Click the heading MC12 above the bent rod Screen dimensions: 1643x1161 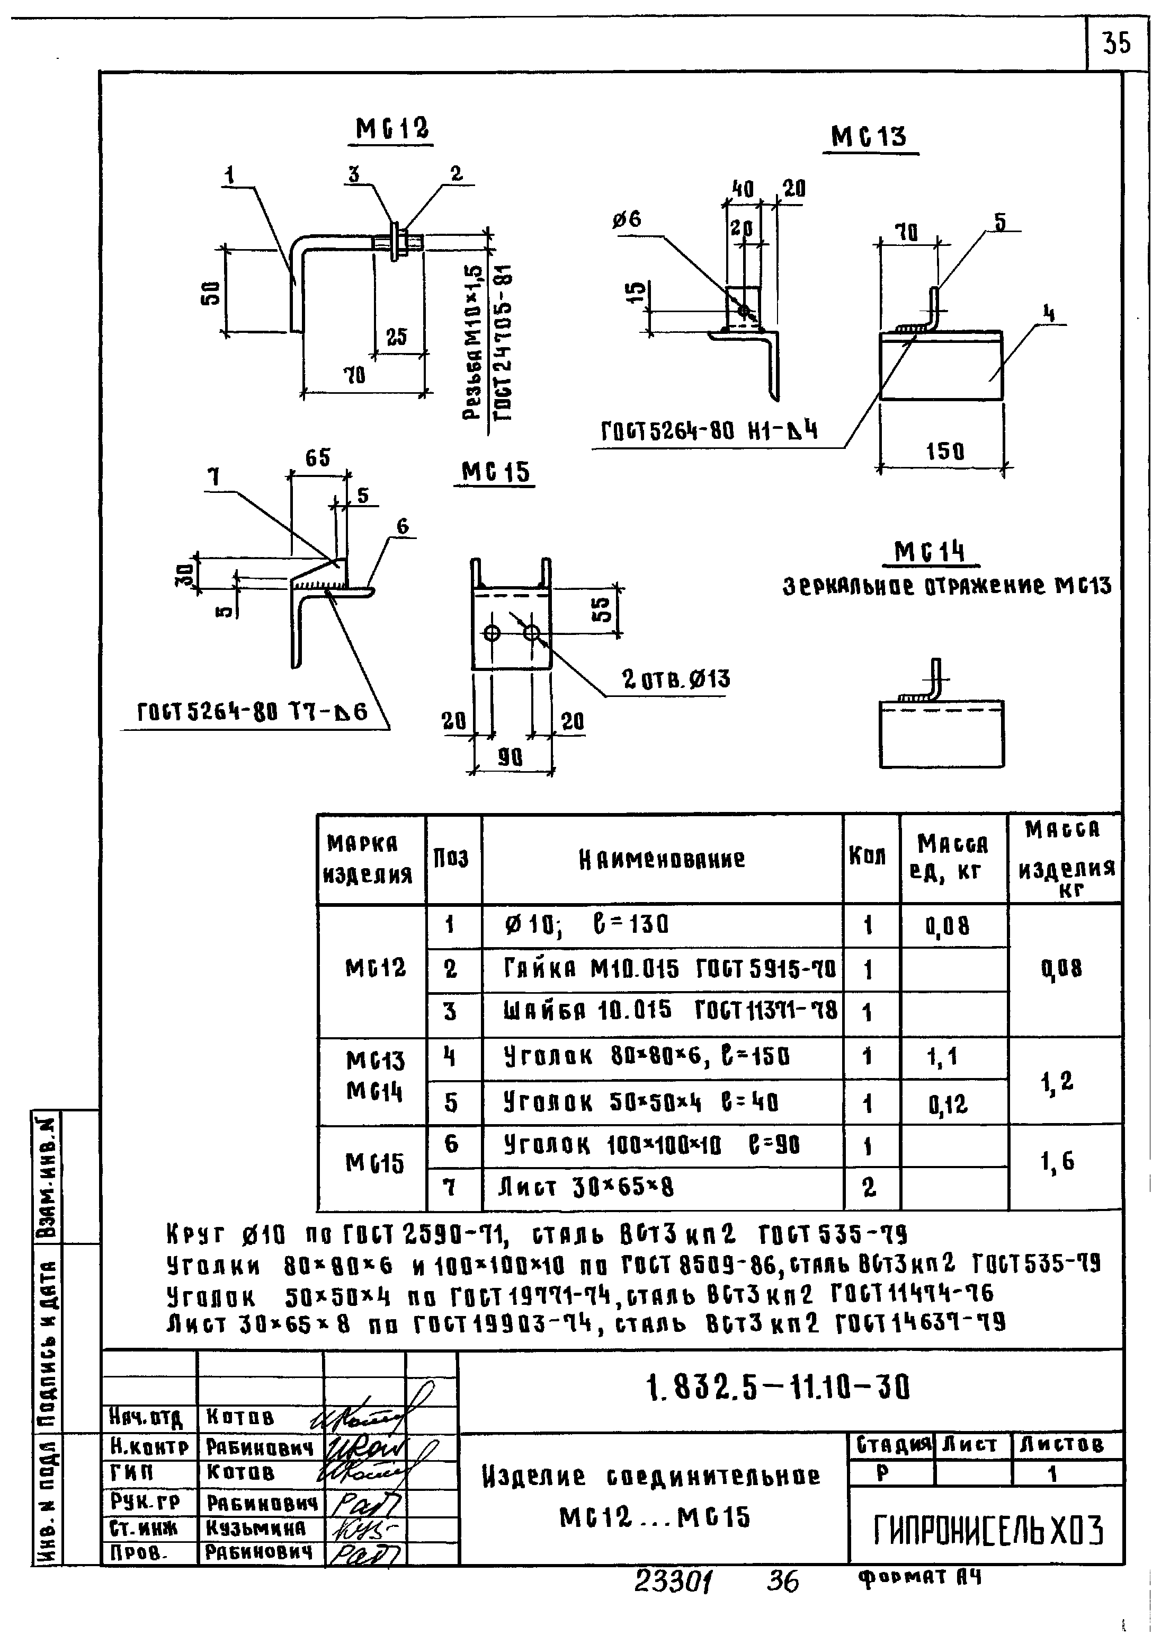tap(392, 129)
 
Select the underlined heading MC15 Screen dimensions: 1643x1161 tap(495, 472)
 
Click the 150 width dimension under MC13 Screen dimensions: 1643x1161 tap(944, 452)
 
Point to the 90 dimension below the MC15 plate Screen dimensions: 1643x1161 tap(510, 757)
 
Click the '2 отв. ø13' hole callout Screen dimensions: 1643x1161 tap(675, 678)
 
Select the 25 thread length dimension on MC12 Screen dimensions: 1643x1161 tap(396, 337)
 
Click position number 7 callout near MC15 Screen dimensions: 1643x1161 tap(215, 478)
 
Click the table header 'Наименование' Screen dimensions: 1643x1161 tap(662, 859)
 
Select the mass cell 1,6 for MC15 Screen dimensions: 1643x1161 tap(1061, 1161)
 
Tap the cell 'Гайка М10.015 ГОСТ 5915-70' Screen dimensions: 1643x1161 tap(671, 969)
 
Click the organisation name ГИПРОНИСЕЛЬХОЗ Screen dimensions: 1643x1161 tap(988, 1531)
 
